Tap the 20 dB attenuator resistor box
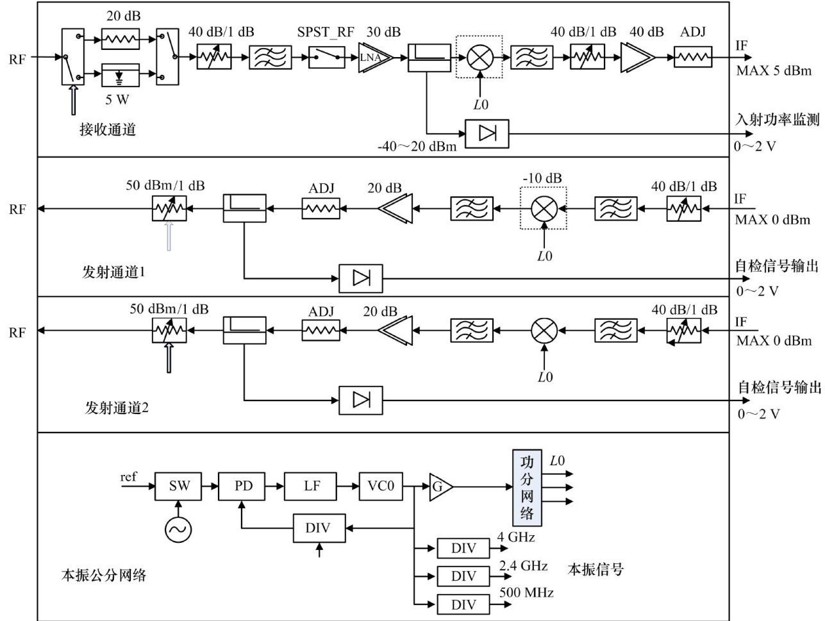[120, 40]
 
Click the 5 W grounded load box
[120, 76]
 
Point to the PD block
[244, 486]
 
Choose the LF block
[312, 486]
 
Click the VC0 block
[381, 486]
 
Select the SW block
[179, 486]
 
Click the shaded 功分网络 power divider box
[526, 488]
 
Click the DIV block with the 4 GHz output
[463, 549]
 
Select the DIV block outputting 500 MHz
[463, 604]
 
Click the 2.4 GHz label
[523, 565]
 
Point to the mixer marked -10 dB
[544, 208]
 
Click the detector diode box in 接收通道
[486, 134]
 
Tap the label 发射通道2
[117, 408]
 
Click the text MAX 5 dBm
[774, 70]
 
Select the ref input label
[128, 477]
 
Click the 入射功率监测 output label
[777, 120]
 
